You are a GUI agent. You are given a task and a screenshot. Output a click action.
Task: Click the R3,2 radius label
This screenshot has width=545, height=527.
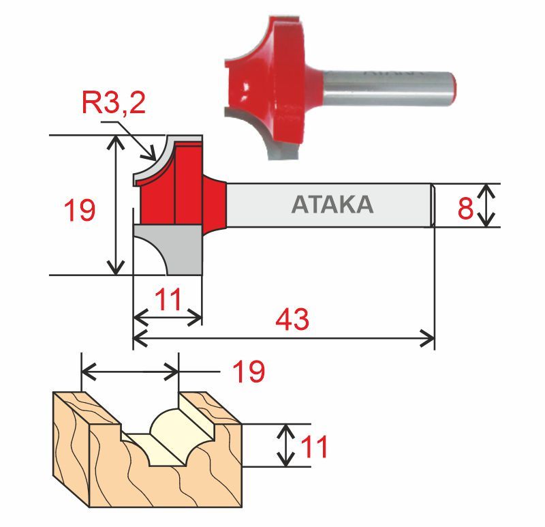coord(113,104)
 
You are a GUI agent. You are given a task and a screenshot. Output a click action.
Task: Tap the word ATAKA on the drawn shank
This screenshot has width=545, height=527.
coord(332,205)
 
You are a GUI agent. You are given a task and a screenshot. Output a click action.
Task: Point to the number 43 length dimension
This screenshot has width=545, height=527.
coord(292,319)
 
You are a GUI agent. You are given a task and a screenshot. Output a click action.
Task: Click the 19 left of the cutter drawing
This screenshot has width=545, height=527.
coord(80,211)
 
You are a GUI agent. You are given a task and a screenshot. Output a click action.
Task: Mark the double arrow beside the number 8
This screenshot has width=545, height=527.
coord(485,205)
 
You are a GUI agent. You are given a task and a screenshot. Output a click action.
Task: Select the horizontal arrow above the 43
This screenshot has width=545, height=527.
coord(283,337)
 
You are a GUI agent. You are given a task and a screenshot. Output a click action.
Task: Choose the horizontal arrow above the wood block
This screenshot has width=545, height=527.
coord(130,372)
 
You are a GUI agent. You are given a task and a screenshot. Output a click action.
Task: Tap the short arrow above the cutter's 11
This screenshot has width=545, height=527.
coord(167,318)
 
